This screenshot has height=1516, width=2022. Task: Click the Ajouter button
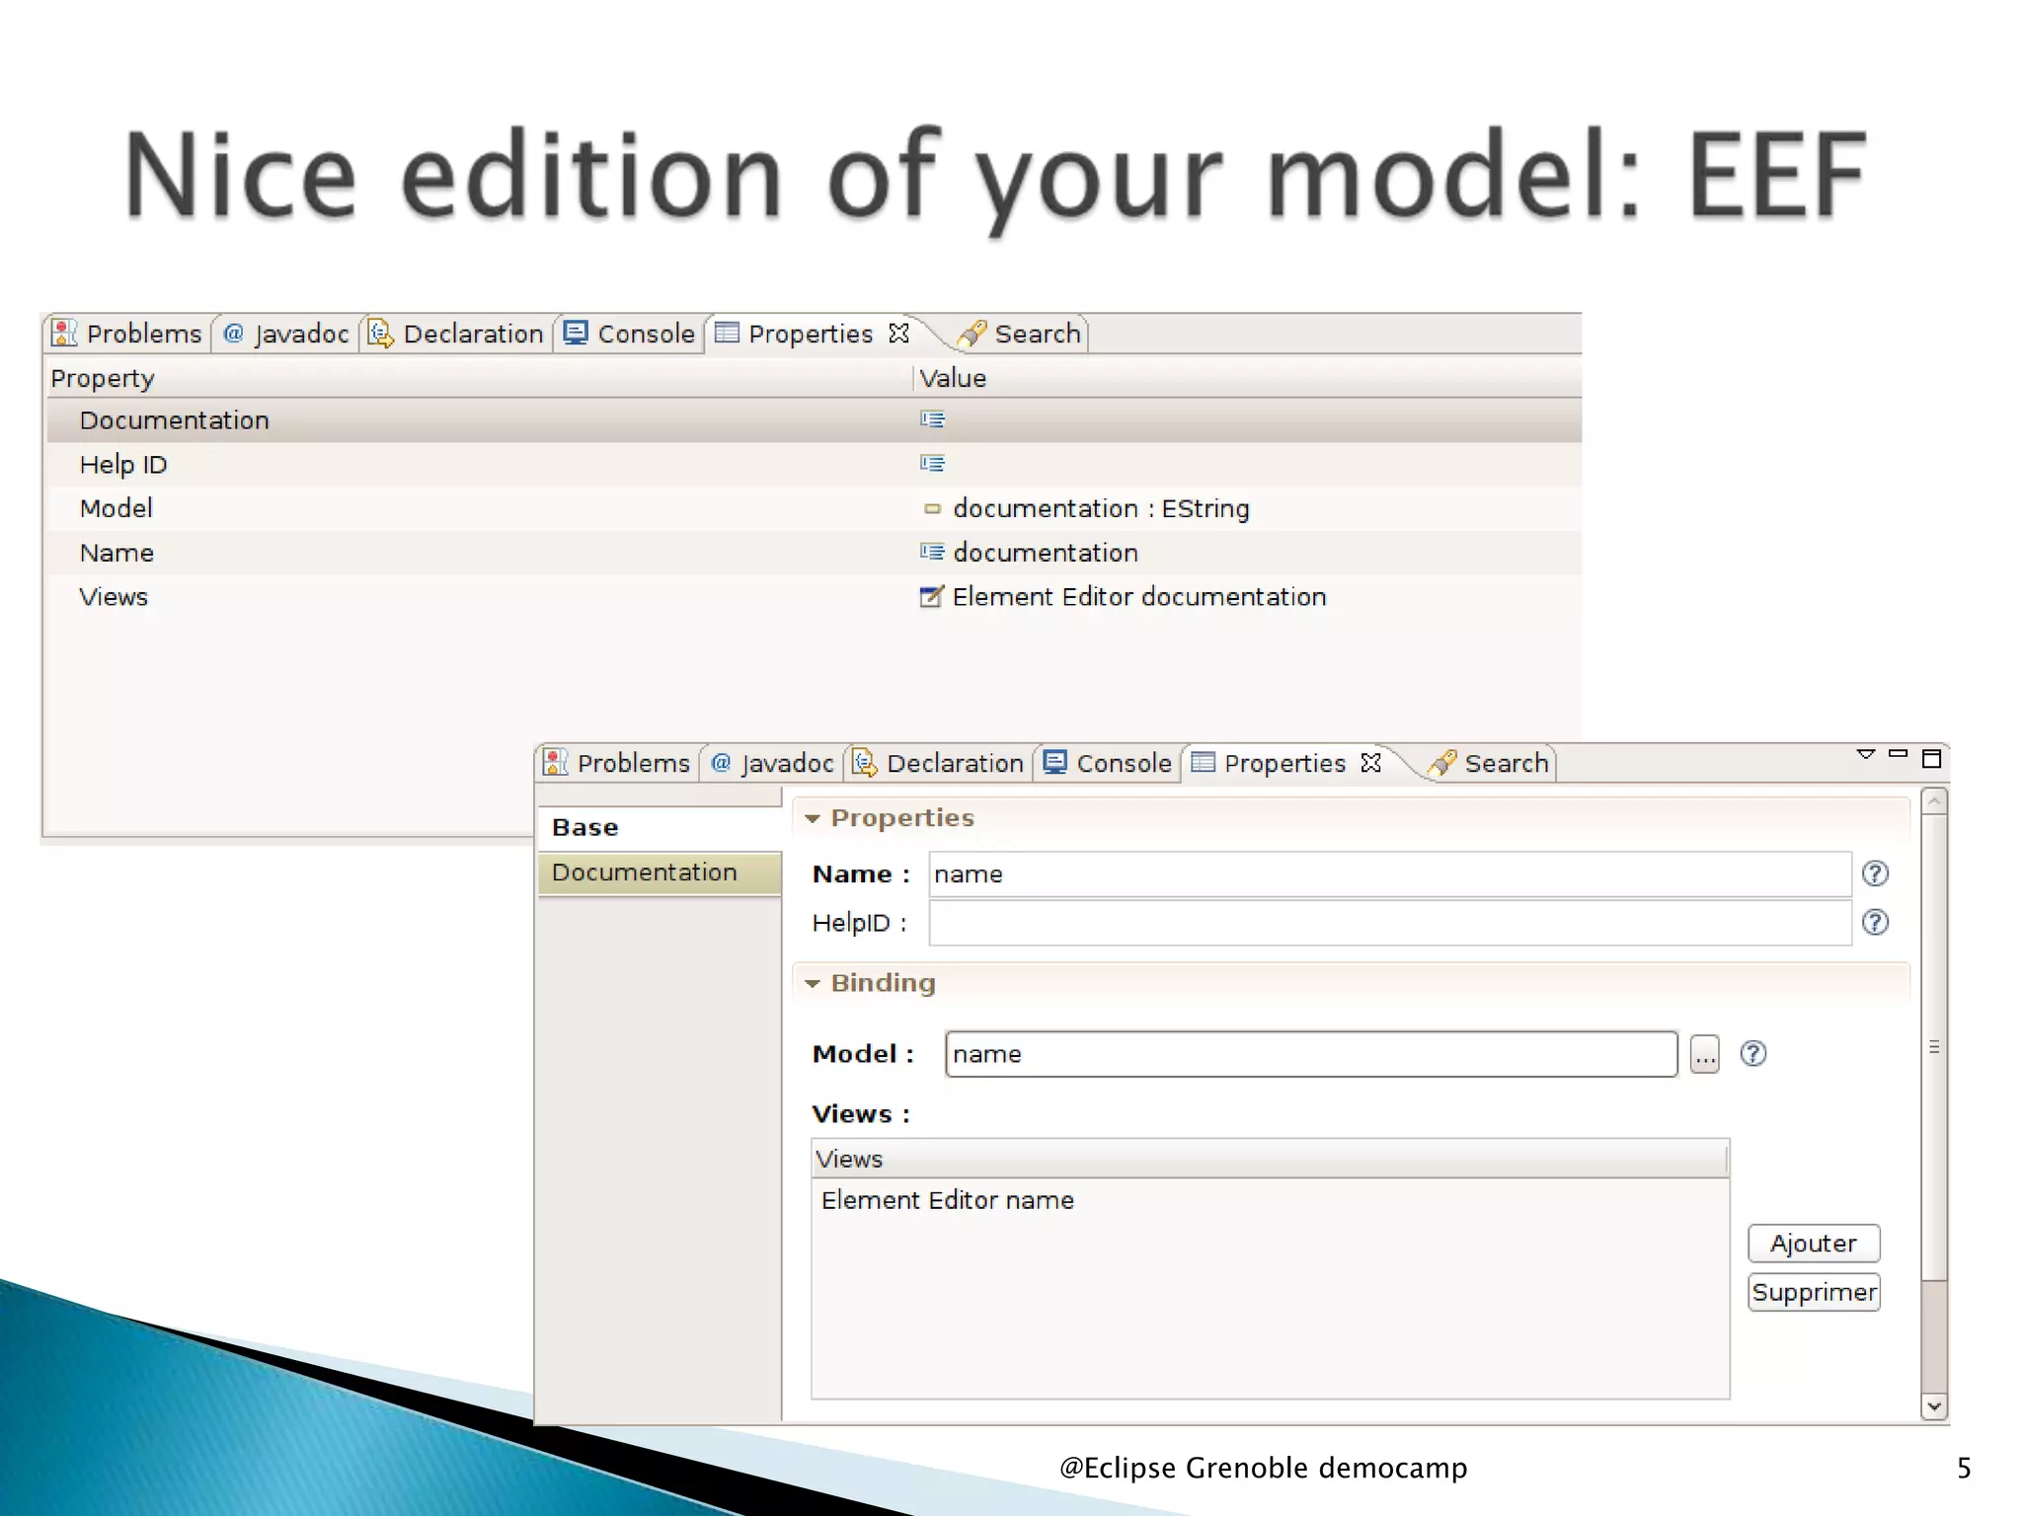pos(1813,1243)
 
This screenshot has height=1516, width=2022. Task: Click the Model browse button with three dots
pos(1704,1054)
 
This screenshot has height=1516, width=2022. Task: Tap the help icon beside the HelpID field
pos(1874,922)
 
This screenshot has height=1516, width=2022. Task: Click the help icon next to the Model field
pos(1752,1054)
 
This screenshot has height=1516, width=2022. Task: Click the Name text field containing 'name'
pos(1388,874)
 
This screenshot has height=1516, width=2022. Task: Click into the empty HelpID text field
pos(1388,923)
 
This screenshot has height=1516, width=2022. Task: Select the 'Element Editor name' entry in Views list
pos(948,1200)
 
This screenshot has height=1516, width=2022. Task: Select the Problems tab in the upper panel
pos(127,335)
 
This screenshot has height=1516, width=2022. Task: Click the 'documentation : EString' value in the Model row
pos(1100,508)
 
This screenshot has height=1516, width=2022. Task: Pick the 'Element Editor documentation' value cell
pos(1137,597)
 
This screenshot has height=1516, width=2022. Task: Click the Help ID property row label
pos(123,465)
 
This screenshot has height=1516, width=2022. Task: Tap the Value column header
pos(953,378)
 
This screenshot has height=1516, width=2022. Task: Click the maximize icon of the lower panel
pos(1931,758)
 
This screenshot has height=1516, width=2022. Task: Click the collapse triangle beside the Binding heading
pos(813,984)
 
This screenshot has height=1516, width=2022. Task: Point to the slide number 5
pos(1963,1468)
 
